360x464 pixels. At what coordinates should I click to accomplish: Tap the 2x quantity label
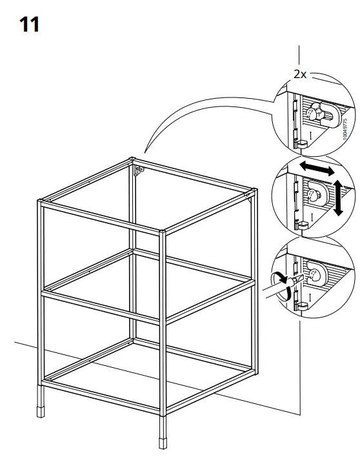click(300, 74)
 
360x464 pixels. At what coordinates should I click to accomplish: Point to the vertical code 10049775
click(346, 129)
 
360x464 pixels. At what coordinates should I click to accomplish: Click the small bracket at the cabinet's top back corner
click(139, 170)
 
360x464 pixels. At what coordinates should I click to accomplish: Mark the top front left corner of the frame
click(41, 204)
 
